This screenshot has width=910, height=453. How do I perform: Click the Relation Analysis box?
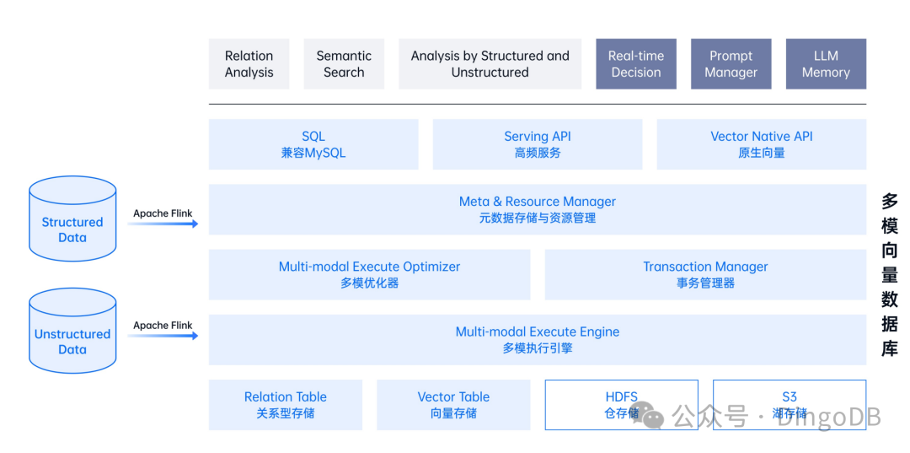pyautogui.click(x=249, y=64)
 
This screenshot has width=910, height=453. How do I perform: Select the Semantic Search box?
pyautogui.click(x=344, y=64)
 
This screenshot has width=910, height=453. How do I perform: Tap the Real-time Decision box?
pyautogui.click(x=636, y=64)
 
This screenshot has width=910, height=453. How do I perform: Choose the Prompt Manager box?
pyautogui.click(x=731, y=64)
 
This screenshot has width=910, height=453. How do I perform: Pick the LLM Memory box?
pyautogui.click(x=826, y=64)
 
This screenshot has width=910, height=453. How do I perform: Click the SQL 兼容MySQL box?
pyautogui.click(x=313, y=144)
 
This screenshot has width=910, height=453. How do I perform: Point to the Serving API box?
pyautogui.click(x=538, y=144)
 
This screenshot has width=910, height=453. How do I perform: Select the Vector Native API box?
pyautogui.click(x=762, y=144)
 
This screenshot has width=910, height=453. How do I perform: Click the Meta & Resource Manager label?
pyautogui.click(x=538, y=202)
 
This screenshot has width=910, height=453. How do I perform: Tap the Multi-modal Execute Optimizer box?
pyautogui.click(x=369, y=274)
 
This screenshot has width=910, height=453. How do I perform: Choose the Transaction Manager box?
pyautogui.click(x=705, y=274)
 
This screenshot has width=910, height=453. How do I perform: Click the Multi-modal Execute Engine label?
pyautogui.click(x=538, y=332)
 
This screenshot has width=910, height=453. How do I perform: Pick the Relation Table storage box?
pyautogui.click(x=286, y=405)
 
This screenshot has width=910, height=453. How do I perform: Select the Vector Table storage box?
pyautogui.click(x=453, y=405)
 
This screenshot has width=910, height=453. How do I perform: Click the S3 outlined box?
pyautogui.click(x=789, y=405)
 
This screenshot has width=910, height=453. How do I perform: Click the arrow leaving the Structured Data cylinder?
pyautogui.click(x=165, y=224)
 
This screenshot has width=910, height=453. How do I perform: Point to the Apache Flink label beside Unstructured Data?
pyautogui.click(x=163, y=325)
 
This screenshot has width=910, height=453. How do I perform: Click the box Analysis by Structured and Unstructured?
pyautogui.click(x=490, y=64)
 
